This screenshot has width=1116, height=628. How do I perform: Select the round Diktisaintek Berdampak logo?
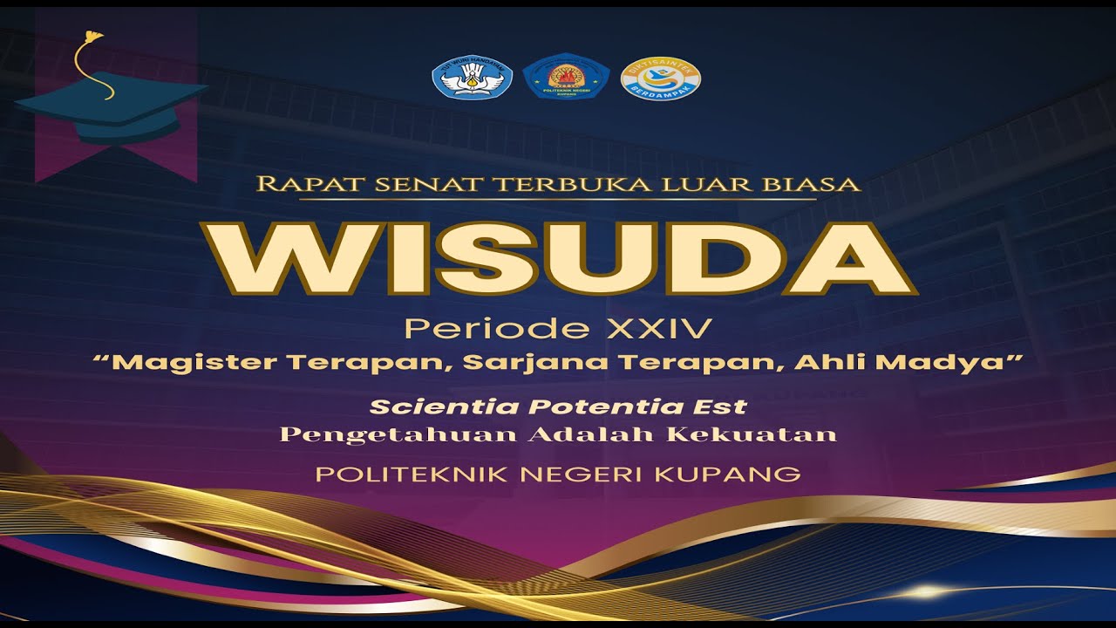click(660, 78)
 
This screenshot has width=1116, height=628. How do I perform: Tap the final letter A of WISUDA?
click(849, 259)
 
